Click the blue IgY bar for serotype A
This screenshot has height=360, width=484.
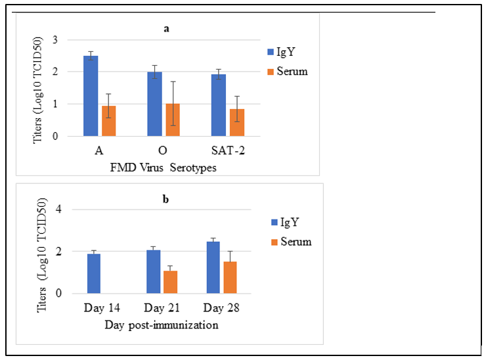[x=91, y=96]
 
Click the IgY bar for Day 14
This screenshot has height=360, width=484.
[x=94, y=273]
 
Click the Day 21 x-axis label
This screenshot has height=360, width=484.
[x=161, y=307]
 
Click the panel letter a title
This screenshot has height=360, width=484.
[x=167, y=29]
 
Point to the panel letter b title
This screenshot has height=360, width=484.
[x=166, y=198]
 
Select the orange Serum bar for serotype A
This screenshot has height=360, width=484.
[x=108, y=121]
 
